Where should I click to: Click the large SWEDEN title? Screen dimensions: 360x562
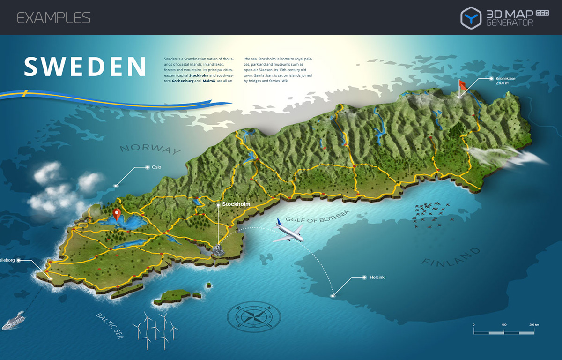tap(85, 67)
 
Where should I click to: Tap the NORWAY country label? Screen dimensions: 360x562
tap(150, 149)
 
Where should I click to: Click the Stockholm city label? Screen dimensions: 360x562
tap(236, 204)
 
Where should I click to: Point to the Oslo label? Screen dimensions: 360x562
tap(156, 167)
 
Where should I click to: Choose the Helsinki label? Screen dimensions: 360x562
tap(377, 277)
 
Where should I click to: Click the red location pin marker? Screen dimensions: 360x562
tap(117, 214)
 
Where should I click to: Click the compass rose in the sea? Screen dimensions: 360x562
tap(253, 315)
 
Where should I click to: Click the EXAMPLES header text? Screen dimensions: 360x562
tap(54, 18)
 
